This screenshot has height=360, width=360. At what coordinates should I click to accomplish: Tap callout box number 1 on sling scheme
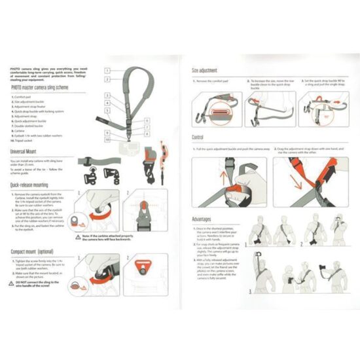(105, 69)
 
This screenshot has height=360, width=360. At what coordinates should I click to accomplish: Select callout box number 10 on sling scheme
(106, 139)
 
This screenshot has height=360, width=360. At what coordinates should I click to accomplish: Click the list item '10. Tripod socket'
(27, 139)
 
